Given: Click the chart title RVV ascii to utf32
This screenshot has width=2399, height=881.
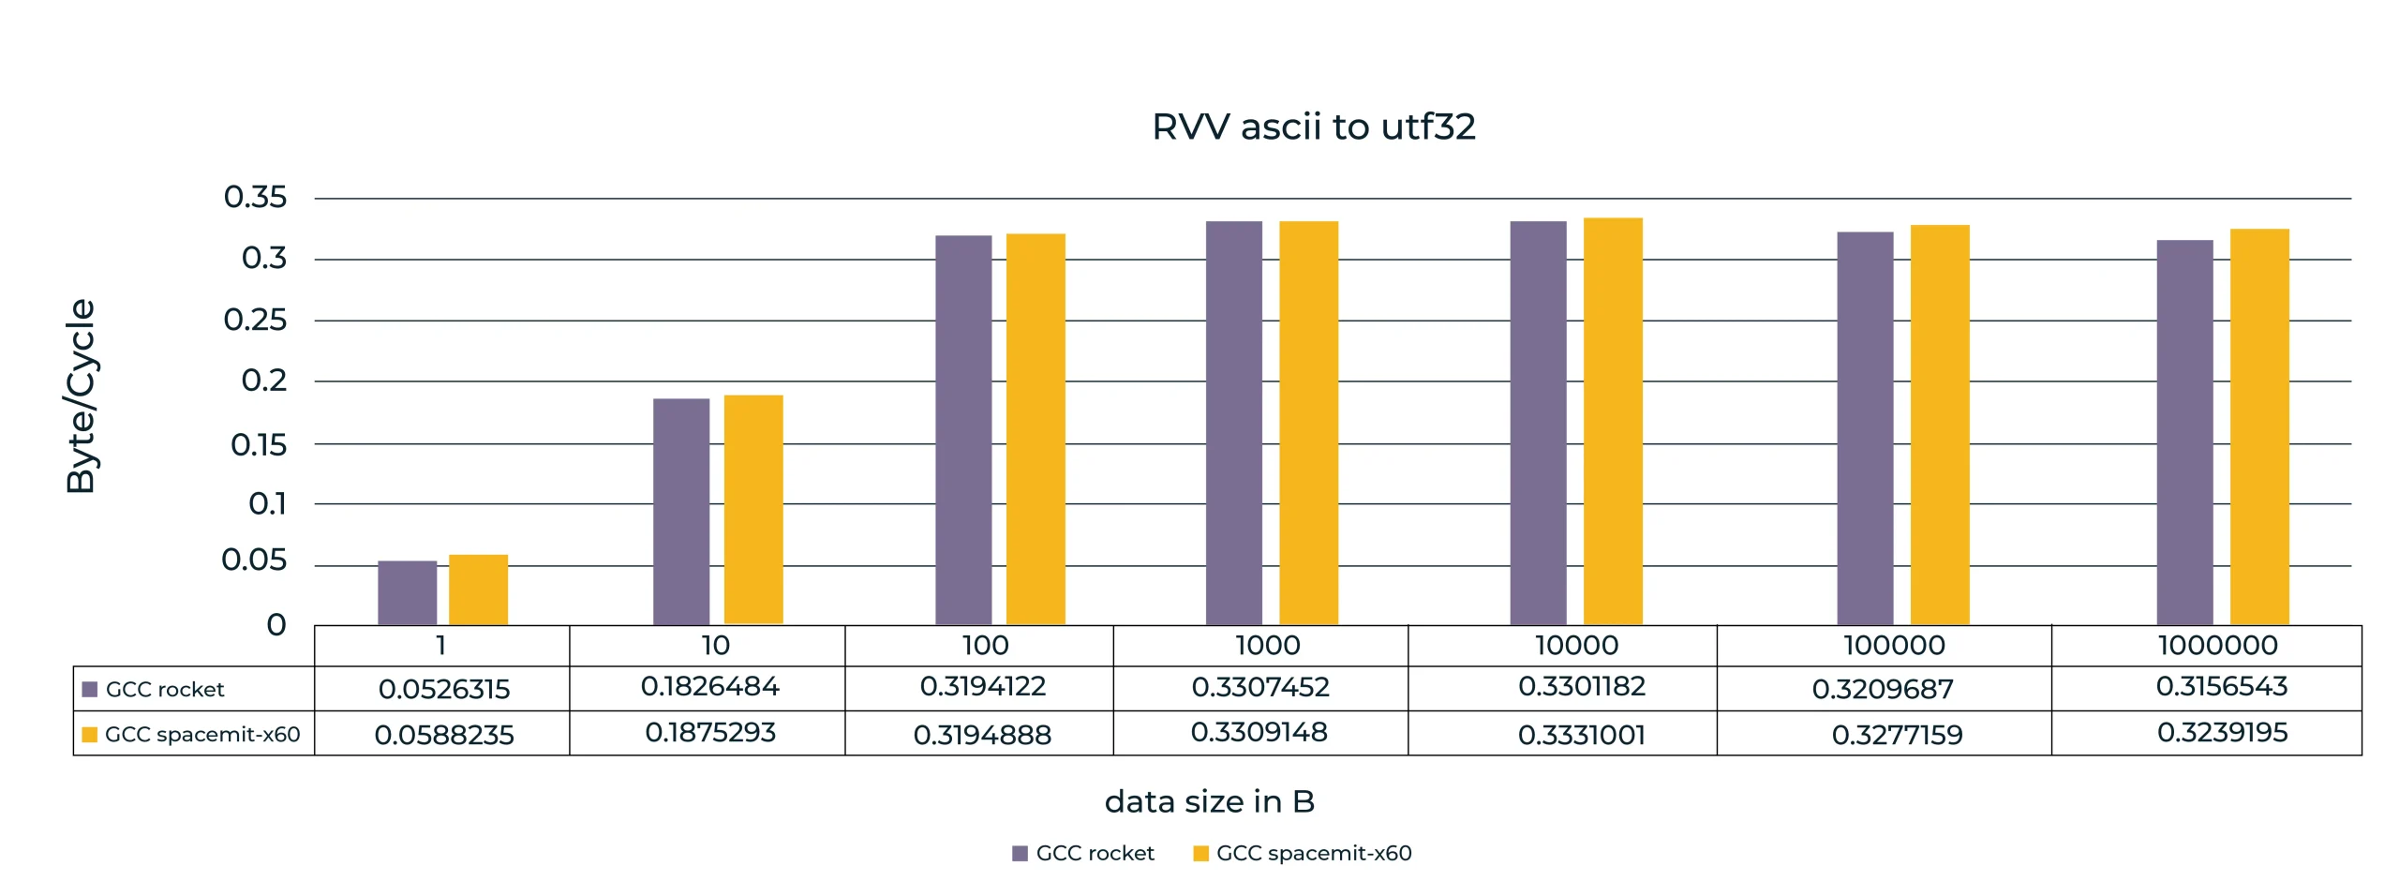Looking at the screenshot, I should [1313, 127].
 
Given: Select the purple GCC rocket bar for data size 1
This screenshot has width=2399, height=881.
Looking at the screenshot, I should [407, 592].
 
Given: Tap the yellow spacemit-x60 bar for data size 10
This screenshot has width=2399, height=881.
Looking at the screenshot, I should [753, 509].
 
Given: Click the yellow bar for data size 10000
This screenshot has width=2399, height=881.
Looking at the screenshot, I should [1613, 421].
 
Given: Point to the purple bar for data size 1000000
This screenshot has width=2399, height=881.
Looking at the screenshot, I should [2184, 432].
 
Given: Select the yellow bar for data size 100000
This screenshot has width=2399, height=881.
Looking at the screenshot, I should [1940, 425].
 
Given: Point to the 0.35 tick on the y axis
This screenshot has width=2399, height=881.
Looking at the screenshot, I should [255, 197].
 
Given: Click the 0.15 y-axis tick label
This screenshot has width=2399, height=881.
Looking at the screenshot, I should [259, 444].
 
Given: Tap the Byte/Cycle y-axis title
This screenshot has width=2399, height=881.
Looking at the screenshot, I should [81, 396].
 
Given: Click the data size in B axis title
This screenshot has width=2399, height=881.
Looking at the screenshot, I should [1209, 801].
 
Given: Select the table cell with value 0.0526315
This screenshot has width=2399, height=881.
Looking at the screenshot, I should [443, 689].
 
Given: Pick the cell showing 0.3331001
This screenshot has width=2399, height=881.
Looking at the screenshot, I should [1581, 734].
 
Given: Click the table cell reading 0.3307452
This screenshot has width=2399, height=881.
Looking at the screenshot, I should [1260, 687].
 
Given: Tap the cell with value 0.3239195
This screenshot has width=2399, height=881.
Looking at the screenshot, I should [2222, 732].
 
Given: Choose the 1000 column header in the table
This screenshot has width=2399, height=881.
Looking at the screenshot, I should [1267, 645].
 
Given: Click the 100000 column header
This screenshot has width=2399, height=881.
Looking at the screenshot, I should [1894, 645].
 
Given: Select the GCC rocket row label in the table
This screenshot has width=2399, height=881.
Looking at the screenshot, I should [165, 689].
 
